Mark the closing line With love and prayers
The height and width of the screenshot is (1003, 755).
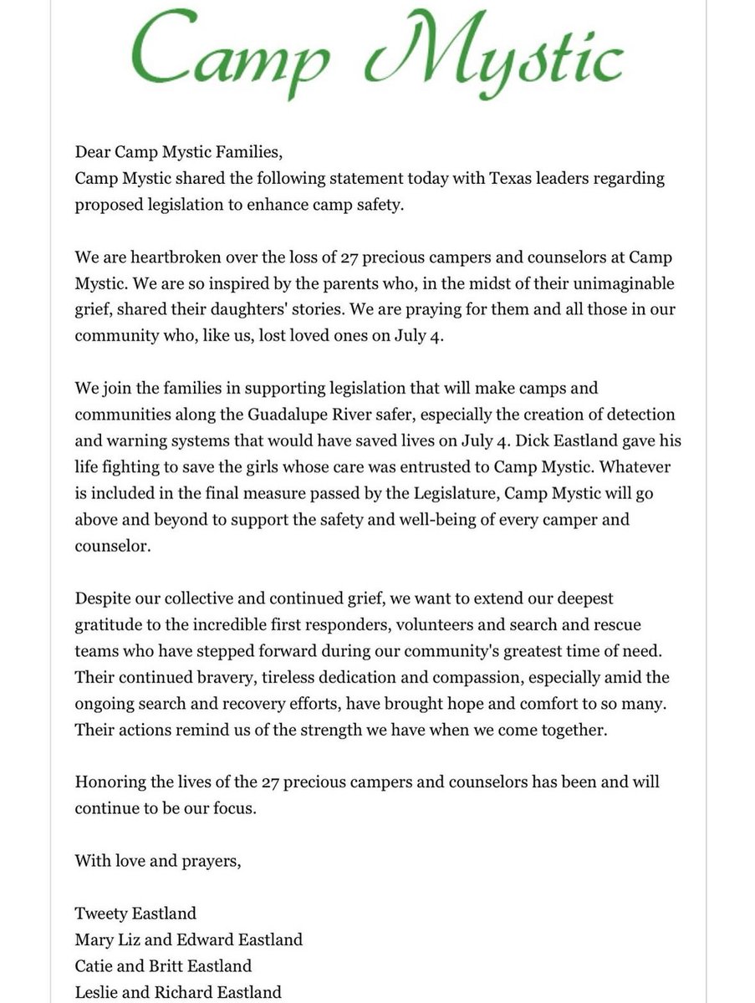(158, 861)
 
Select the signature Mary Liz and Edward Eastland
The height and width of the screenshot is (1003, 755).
(189, 939)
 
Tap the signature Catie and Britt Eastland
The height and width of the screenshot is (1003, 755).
(163, 965)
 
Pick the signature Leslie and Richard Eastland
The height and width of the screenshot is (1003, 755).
(178, 992)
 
